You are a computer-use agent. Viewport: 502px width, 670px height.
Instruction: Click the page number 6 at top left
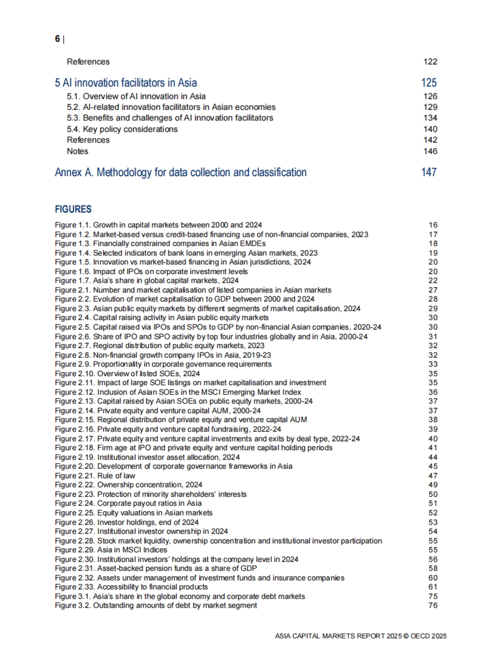[x=57, y=39]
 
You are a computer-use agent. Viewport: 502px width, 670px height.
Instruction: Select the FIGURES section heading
[x=73, y=209]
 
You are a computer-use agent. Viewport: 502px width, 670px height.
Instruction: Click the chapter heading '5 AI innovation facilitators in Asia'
[x=126, y=83]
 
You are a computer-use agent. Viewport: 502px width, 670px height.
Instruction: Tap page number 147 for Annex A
[x=429, y=172]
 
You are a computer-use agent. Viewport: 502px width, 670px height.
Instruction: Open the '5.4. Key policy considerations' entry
[x=122, y=129]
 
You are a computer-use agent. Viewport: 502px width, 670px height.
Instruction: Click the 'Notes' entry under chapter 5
[x=77, y=151]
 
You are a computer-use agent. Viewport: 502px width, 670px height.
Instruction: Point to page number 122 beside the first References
[x=430, y=62]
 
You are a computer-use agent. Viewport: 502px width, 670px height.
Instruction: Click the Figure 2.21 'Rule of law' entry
[x=95, y=476]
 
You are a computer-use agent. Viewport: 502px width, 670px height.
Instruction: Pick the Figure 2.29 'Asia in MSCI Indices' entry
[x=111, y=550]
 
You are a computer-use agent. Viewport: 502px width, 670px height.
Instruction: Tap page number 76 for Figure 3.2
[x=433, y=606]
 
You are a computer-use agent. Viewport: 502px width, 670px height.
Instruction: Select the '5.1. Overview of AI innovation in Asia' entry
[x=136, y=96]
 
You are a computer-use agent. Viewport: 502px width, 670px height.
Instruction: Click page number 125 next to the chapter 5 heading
[x=429, y=83]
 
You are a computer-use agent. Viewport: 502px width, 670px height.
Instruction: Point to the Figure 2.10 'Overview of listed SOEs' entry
[x=127, y=374]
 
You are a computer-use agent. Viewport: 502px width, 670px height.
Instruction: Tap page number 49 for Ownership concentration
[x=433, y=485]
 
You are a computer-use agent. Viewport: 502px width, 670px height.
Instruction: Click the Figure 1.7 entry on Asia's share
[x=146, y=281]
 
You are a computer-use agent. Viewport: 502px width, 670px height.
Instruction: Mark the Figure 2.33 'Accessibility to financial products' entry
[x=131, y=587]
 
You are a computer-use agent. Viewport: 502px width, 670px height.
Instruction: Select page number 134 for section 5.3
[x=430, y=118]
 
